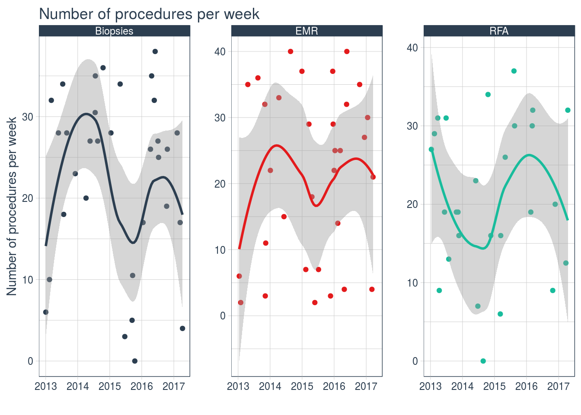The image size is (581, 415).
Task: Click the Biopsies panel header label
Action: tap(114, 31)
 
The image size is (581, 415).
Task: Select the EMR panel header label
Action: tap(306, 31)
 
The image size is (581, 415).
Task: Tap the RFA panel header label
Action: tap(499, 31)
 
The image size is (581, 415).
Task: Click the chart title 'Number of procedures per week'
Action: tap(149, 14)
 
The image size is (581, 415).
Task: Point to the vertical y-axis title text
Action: tap(12, 206)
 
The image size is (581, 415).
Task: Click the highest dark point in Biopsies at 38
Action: tap(155, 51)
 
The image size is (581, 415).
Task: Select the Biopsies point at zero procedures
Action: tap(135, 361)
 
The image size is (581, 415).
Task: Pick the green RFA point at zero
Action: tap(483, 361)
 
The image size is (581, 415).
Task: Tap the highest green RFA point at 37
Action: tap(514, 71)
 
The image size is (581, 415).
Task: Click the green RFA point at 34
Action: tap(488, 94)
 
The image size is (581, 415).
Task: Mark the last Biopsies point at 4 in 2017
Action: tap(182, 329)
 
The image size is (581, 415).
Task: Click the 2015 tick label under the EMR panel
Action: tap(302, 386)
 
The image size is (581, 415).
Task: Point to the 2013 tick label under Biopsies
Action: tap(46, 386)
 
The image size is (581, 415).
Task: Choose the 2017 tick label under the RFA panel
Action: tap(559, 386)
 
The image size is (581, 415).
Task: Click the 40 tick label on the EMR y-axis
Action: tap(220, 51)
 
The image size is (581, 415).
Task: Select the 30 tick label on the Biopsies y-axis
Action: tap(27, 117)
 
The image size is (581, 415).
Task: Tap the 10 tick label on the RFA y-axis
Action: tap(412, 283)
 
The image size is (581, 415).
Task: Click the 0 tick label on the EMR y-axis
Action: tap(223, 316)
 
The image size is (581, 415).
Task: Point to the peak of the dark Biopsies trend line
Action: tap(86, 114)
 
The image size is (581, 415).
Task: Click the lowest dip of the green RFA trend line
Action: tap(483, 249)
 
